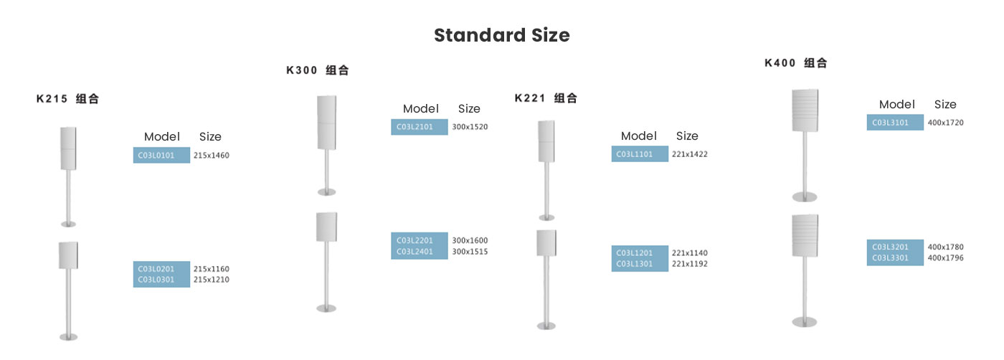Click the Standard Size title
click(x=501, y=35)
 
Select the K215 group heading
click(x=67, y=99)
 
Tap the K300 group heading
click(x=317, y=70)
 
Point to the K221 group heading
click(x=546, y=98)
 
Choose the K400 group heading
click(x=796, y=63)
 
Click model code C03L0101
click(x=156, y=156)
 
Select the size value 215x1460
click(x=211, y=156)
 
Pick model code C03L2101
click(x=415, y=127)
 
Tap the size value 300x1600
click(x=470, y=241)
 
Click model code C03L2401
click(x=415, y=252)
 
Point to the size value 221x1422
click(x=689, y=154)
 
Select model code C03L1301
click(x=634, y=264)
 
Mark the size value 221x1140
click(x=689, y=253)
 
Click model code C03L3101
click(x=890, y=123)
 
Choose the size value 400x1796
click(x=945, y=258)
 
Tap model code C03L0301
click(x=156, y=280)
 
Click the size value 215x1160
click(x=211, y=269)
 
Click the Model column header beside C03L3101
click(x=897, y=105)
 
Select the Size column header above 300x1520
click(x=469, y=109)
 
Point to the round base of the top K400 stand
click(x=805, y=196)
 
